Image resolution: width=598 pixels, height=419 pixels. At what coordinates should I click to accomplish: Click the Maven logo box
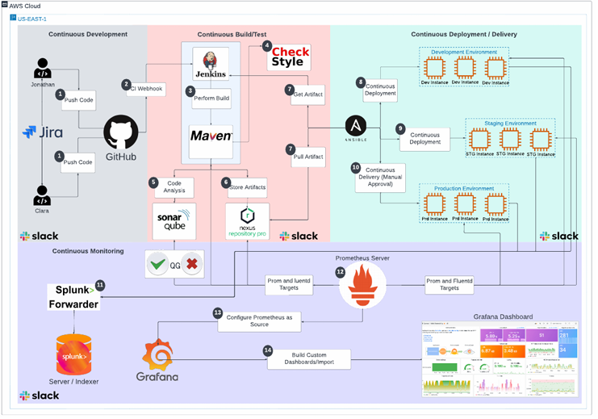pos(211,135)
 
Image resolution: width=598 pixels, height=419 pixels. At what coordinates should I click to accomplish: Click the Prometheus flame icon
pos(367,285)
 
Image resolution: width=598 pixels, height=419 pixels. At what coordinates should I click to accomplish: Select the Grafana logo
pos(159,360)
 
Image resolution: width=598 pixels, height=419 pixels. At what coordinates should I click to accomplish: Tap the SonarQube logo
pos(174,219)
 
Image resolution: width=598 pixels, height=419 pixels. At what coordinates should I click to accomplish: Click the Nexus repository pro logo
pos(247,220)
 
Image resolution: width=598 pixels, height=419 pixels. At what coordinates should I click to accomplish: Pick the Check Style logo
pos(288,57)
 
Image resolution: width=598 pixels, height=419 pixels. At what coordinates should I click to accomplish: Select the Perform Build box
pos(212,97)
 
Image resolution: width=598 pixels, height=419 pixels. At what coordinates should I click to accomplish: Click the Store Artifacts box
pos(247,186)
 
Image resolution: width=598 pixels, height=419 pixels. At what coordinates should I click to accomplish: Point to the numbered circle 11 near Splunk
pos(100,285)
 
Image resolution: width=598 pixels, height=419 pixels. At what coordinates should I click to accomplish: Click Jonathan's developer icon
pos(43,69)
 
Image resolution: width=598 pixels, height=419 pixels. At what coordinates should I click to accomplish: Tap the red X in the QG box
pos(191,264)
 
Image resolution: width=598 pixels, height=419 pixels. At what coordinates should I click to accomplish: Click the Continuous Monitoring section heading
pos(88,251)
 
